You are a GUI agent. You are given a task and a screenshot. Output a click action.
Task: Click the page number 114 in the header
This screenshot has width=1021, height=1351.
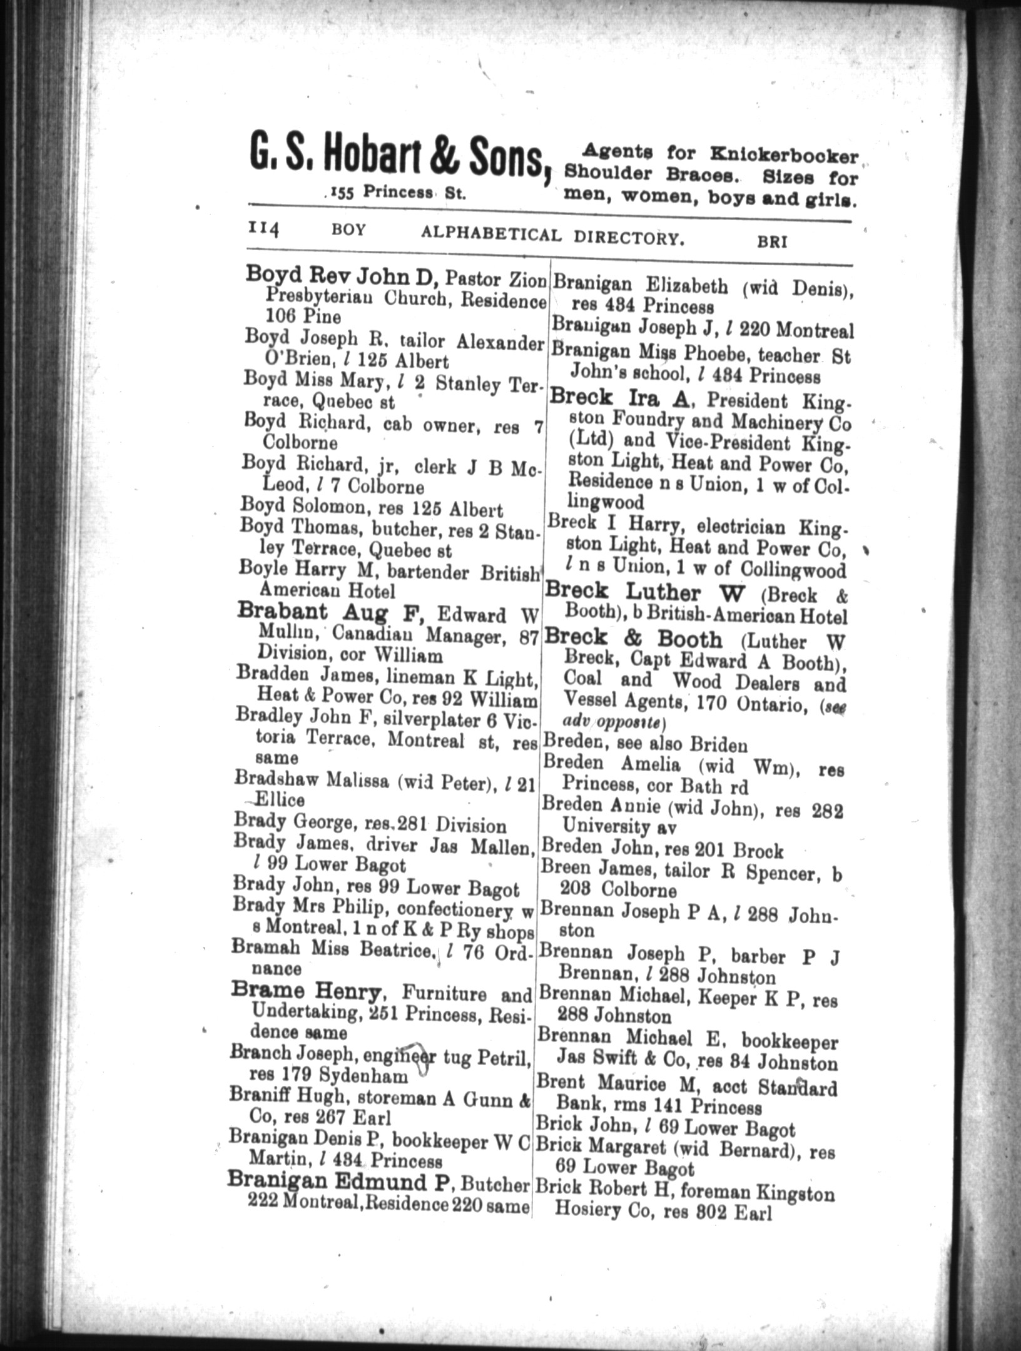[x=263, y=230]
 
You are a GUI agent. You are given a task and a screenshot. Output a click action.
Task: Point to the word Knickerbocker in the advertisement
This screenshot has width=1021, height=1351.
[x=785, y=154]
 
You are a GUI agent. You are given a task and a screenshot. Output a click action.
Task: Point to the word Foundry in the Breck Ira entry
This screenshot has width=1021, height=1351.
[x=634, y=423]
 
